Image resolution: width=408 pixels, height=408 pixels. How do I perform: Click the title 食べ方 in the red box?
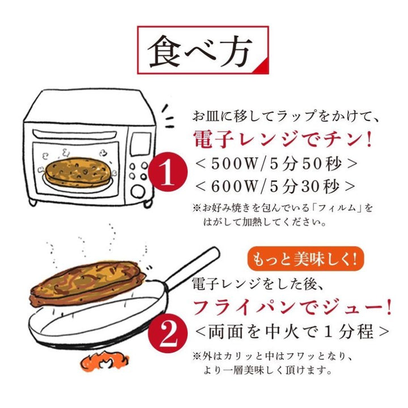200,51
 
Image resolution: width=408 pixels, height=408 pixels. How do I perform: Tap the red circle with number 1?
168,172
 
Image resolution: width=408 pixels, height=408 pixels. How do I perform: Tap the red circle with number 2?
168,334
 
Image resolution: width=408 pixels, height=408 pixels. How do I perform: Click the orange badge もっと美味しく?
305,258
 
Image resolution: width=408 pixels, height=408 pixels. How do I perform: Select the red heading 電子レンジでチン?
282,139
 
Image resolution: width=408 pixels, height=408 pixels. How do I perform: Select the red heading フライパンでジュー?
292,308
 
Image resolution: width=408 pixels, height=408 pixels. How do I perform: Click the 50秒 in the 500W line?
321,164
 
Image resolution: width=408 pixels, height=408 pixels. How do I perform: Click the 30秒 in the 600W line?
321,186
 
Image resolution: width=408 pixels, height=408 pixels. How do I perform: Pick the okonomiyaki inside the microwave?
78,172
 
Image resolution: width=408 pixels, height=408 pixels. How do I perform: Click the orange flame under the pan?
105,361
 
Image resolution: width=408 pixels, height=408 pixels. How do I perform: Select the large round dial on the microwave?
138,192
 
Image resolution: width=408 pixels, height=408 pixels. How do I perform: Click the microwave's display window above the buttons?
141,144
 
